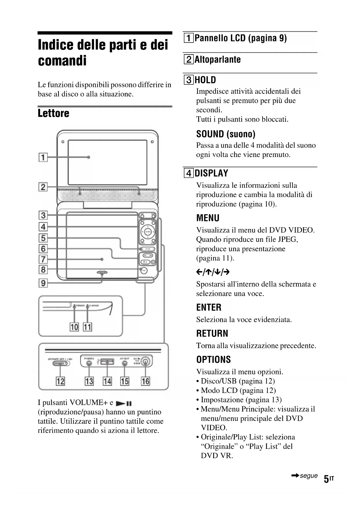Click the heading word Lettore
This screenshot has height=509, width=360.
[x=53, y=113]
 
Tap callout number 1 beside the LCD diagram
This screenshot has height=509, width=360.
[x=43, y=157]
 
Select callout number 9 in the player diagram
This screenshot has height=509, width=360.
[x=43, y=283]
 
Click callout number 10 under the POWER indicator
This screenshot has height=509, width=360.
[x=74, y=327]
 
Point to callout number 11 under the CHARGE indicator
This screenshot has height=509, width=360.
[x=87, y=327]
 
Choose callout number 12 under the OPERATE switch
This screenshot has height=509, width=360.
[x=60, y=381]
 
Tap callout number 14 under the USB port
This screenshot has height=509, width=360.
[x=107, y=381]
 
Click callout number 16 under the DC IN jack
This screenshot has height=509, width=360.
[x=145, y=381]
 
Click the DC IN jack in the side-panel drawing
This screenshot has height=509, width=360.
[x=146, y=362]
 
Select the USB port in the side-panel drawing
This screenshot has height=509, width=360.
[x=107, y=362]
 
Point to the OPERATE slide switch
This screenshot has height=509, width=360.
[x=60, y=363]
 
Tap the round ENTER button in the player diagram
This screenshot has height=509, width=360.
[x=148, y=232]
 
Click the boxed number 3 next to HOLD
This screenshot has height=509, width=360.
[x=189, y=80]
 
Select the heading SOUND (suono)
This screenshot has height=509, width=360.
[x=226, y=134]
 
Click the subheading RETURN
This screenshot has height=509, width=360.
[x=212, y=333]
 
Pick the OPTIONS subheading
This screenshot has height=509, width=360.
[x=214, y=360]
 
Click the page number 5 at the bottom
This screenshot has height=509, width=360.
[x=326, y=479]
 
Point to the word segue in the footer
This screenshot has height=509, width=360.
[x=309, y=476]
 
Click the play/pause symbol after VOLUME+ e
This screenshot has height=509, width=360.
[x=124, y=403]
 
